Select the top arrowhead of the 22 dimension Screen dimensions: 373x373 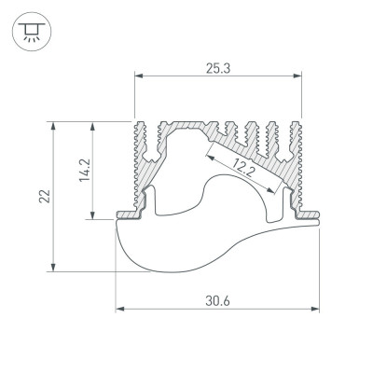coord(59,124)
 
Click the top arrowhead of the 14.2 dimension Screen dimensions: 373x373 coord(93,124)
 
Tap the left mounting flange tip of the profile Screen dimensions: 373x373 coord(118,216)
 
